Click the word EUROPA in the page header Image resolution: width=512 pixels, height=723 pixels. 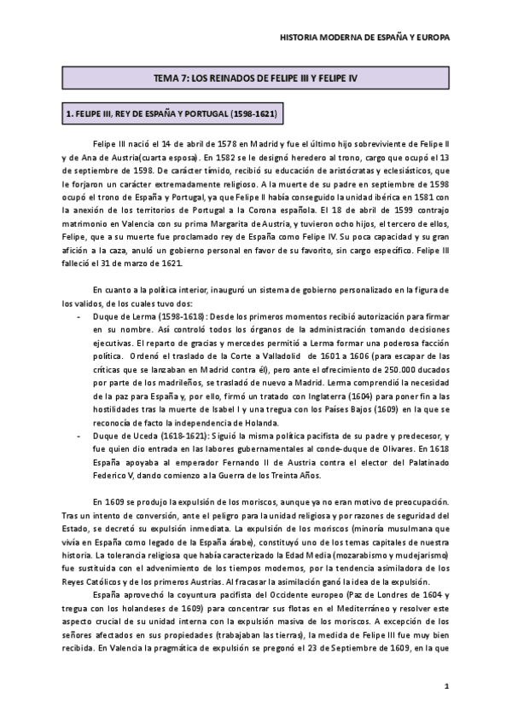pos(429,38)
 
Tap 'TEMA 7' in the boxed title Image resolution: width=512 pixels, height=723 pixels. pos(169,78)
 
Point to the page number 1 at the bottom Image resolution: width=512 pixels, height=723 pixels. pos(446,686)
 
